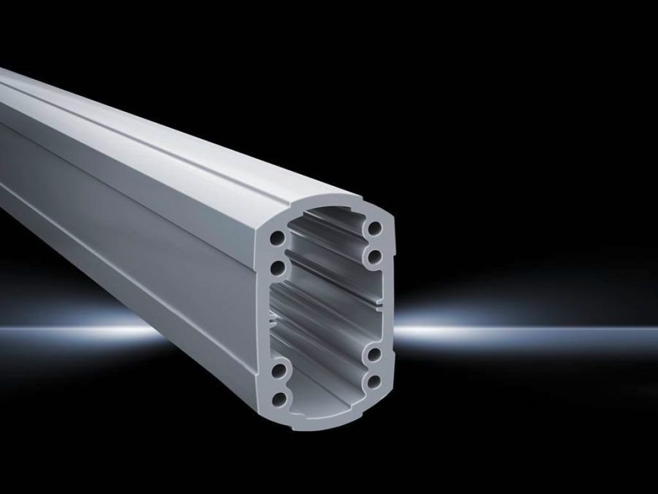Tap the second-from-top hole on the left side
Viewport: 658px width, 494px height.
(x=278, y=266)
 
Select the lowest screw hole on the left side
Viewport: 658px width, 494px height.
(x=279, y=399)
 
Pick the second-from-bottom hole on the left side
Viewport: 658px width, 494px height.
(x=279, y=371)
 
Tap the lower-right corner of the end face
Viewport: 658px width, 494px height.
(x=386, y=402)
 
